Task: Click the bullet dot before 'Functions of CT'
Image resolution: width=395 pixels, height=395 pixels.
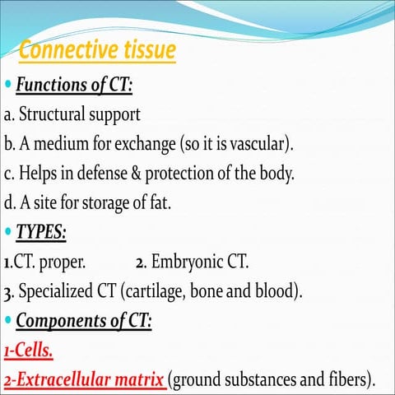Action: point(8,85)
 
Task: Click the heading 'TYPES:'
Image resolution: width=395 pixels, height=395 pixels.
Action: point(42,233)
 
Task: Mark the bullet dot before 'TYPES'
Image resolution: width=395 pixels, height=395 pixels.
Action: point(8,234)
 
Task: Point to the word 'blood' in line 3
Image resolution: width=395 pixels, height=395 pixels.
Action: point(279,291)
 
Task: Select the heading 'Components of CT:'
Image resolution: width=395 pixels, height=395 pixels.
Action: point(86,321)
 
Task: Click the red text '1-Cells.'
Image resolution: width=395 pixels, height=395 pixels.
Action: point(29,351)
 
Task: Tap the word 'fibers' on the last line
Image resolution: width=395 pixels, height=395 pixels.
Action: point(343,379)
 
